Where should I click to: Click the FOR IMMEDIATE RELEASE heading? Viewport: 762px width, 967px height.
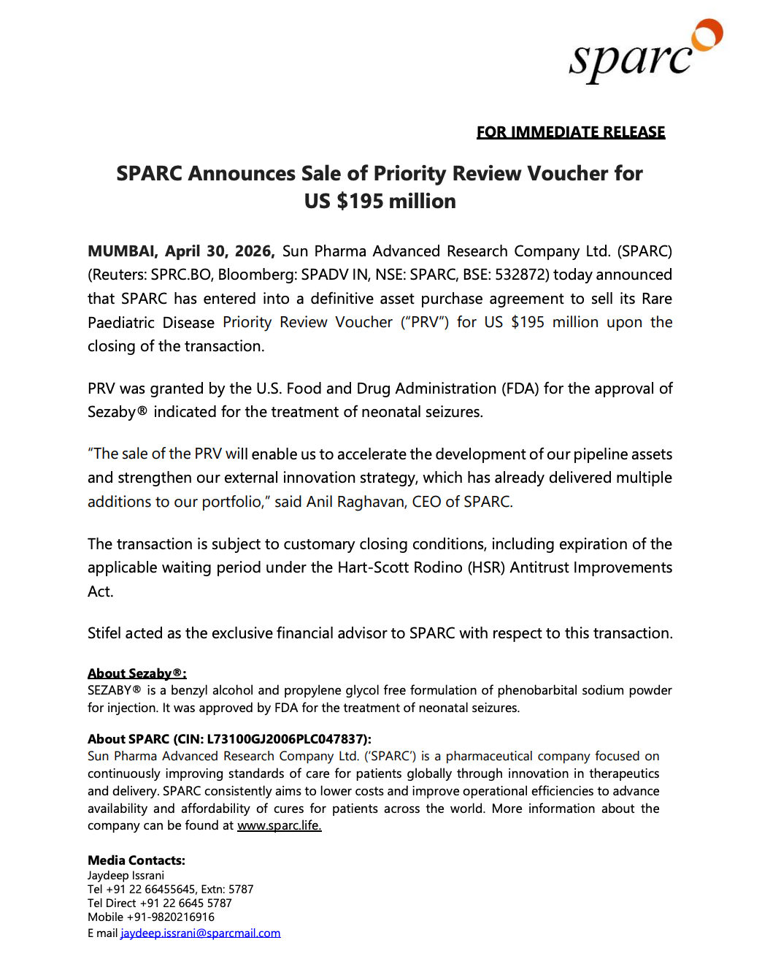tap(571, 132)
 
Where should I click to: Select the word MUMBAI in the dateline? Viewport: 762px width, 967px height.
tap(121, 251)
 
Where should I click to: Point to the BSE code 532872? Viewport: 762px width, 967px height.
tap(522, 275)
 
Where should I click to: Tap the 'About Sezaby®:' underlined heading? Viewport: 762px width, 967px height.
tap(136, 673)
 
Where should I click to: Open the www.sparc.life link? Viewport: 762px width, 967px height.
tap(279, 825)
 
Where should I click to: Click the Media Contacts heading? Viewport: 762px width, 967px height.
tap(136, 860)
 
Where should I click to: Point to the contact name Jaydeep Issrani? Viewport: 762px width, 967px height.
tap(126, 875)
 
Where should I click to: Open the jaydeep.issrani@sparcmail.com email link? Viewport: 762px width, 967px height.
tap(200, 933)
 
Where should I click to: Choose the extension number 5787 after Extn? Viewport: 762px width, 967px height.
tap(241, 889)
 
